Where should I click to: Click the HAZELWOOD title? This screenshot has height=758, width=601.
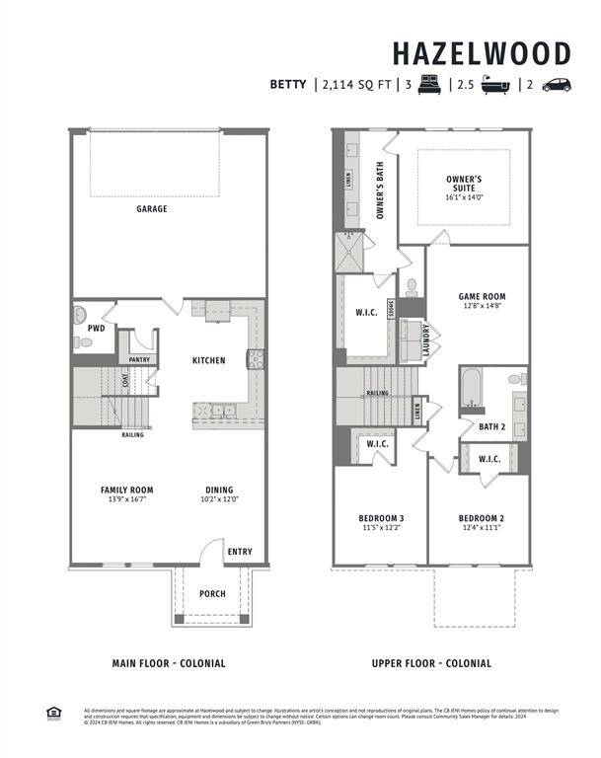481,52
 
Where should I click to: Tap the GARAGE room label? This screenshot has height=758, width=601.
152,209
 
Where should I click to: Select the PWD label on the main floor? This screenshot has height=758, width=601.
96,328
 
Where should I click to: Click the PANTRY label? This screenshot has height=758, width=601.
140,360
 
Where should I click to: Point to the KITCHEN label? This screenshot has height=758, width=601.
208,361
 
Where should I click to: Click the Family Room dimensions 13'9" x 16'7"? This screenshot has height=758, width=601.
127,500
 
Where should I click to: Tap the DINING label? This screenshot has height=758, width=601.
219,490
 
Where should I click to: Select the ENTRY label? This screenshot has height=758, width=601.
240,552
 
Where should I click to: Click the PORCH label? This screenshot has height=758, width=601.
212,594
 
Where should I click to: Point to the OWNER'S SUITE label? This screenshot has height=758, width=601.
463,185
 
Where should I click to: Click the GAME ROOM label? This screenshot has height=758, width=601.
482,296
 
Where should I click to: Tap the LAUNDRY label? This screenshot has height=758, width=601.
425,340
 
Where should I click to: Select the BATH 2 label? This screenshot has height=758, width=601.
492,427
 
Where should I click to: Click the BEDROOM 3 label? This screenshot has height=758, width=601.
380,518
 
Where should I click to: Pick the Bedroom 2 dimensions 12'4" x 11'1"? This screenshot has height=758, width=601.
481,528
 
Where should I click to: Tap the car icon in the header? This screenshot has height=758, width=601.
556,85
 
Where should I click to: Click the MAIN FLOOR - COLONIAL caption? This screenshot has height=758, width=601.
168,663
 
